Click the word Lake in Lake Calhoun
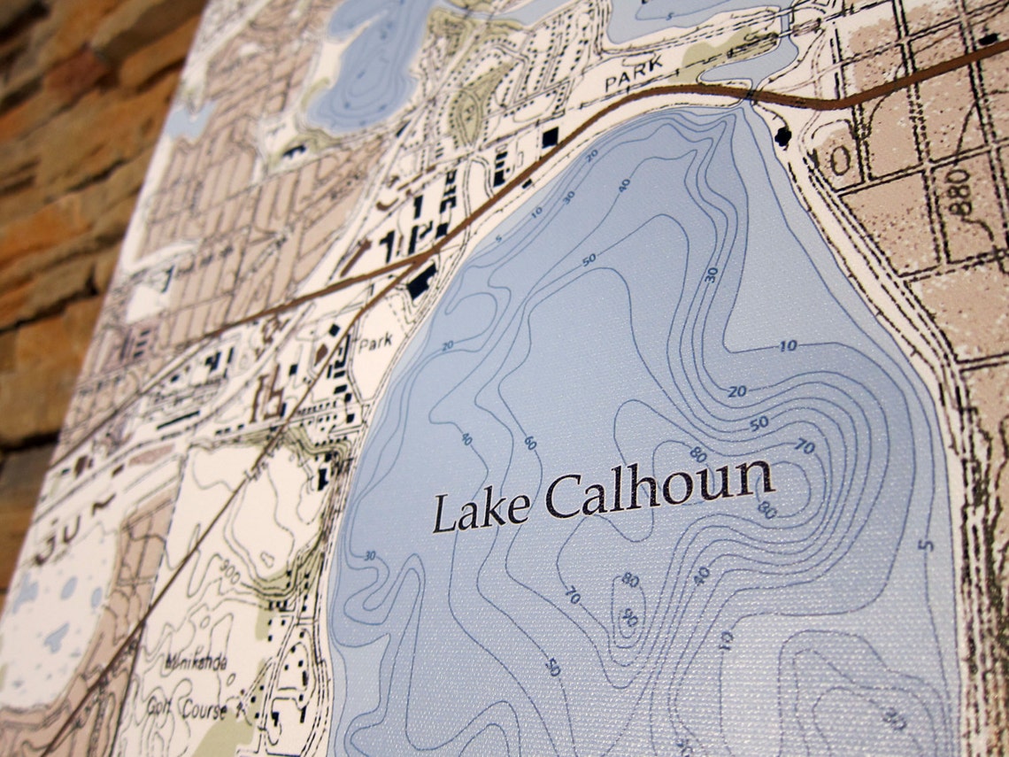point(481,511)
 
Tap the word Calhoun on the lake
point(659,491)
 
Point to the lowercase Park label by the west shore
point(375,344)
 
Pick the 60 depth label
point(529,442)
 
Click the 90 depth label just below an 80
point(629,617)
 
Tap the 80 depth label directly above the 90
point(630,581)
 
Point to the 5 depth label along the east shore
point(926,544)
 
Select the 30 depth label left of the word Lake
point(370,556)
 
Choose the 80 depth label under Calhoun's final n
point(766,510)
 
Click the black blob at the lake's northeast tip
point(782,135)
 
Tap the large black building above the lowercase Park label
point(421,281)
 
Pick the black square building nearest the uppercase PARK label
point(550,136)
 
